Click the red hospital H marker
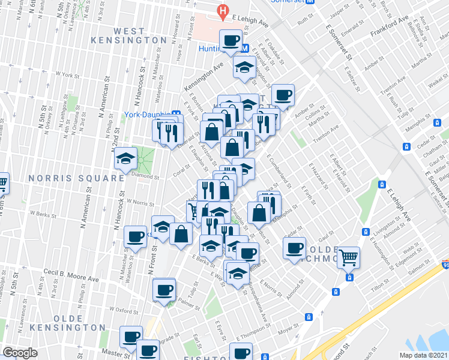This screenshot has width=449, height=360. [223, 10]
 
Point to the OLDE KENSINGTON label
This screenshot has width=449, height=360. [79, 322]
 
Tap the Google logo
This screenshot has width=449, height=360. [20, 353]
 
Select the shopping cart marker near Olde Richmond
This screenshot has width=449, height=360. [348, 258]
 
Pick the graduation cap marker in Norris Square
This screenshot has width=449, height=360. [126, 158]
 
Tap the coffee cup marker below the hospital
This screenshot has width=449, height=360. [231, 41]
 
